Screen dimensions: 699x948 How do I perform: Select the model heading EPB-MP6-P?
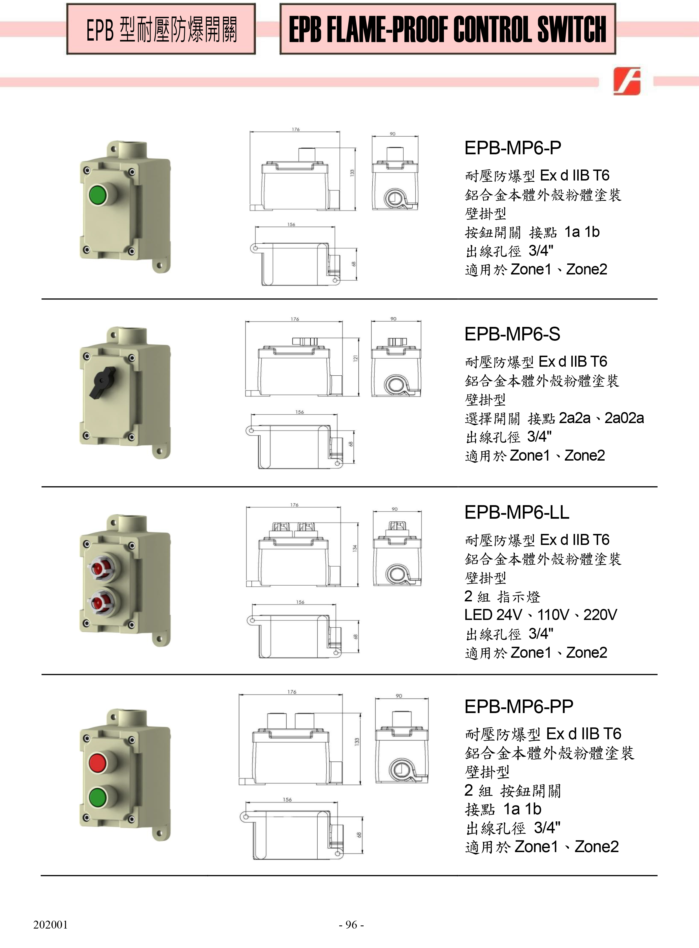pos(513,148)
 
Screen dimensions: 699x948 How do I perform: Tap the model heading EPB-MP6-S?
pos(512,334)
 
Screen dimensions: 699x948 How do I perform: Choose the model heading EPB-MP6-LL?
pos(517,512)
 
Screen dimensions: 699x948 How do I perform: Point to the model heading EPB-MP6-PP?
pos(519,706)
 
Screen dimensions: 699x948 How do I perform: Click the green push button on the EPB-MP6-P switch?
pos(98,195)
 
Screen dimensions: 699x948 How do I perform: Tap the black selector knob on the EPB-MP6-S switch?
pos(102,382)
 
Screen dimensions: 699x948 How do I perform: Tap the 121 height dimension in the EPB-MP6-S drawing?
pos(356,358)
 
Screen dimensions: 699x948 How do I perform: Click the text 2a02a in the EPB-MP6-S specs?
pos(624,418)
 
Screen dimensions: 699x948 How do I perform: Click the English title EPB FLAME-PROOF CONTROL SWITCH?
pos(447,29)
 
